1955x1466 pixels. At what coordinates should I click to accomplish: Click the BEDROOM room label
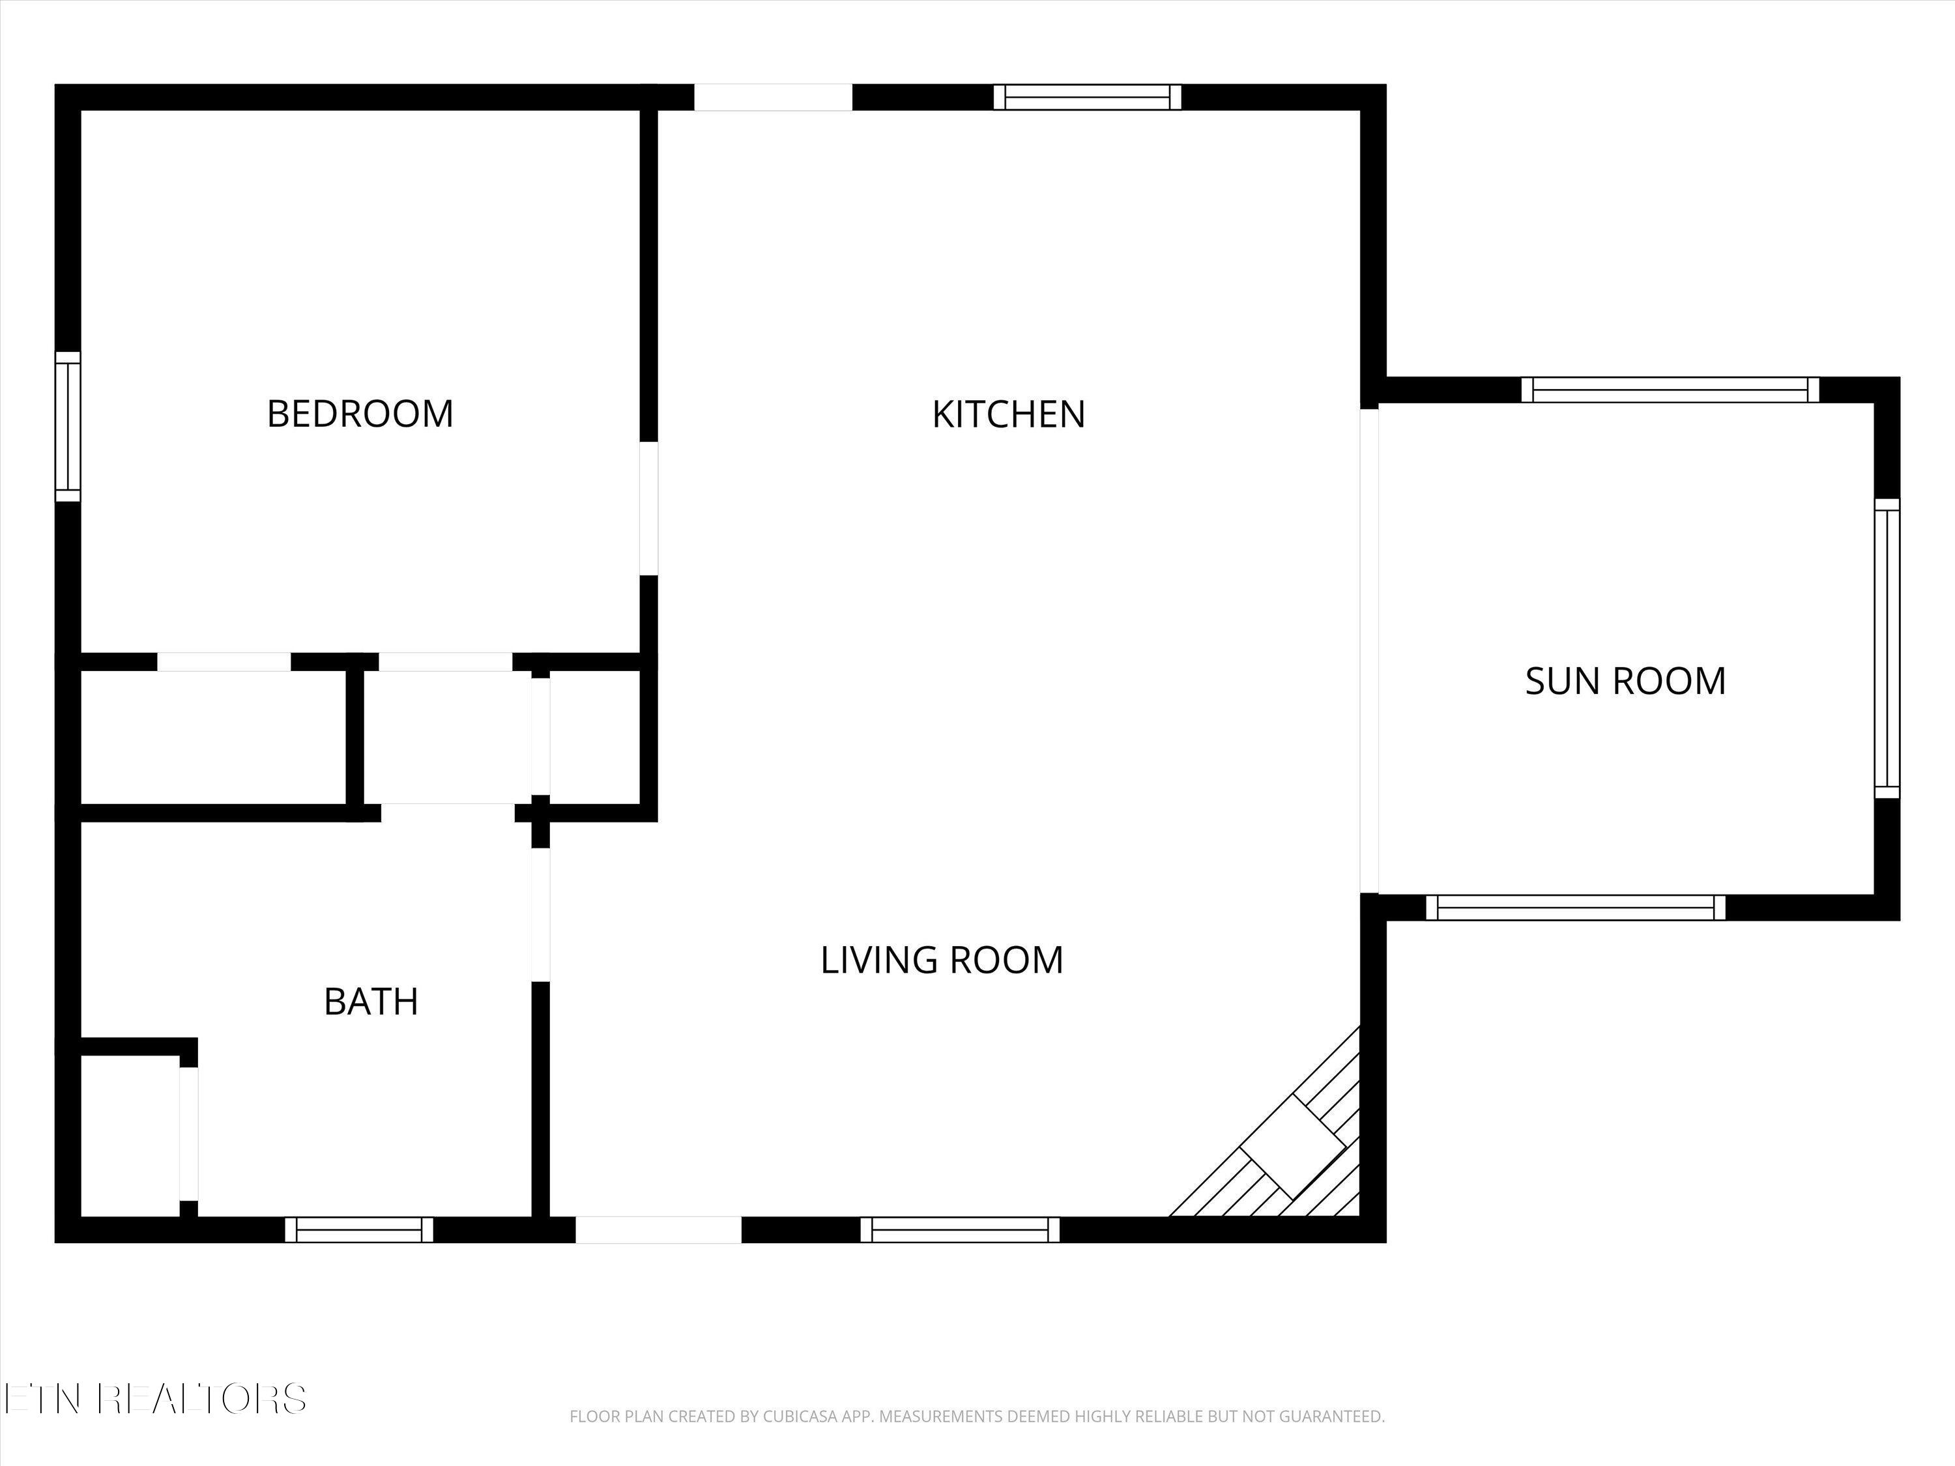click(x=360, y=414)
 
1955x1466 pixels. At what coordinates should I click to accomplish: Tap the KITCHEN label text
click(x=1008, y=414)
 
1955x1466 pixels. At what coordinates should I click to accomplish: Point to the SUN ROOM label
click(x=1625, y=680)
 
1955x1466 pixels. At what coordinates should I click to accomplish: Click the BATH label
click(x=371, y=1001)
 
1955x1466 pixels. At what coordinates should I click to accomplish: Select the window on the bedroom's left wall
click(x=68, y=426)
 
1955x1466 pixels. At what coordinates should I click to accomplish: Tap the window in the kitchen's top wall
click(x=1087, y=97)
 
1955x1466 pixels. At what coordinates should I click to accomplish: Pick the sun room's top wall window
click(x=1670, y=390)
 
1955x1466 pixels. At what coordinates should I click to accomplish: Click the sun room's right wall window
click(x=1887, y=648)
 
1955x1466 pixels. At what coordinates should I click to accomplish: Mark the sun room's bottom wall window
click(x=1576, y=908)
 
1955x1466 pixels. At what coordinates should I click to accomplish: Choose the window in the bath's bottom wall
click(x=359, y=1230)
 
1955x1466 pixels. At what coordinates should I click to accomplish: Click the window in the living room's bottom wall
click(x=960, y=1230)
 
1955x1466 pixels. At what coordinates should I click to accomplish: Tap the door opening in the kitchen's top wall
click(x=774, y=97)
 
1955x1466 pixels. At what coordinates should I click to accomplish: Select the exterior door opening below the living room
click(x=658, y=1230)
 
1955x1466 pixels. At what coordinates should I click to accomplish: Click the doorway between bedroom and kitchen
click(x=648, y=508)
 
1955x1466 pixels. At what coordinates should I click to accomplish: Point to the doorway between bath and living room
click(x=540, y=915)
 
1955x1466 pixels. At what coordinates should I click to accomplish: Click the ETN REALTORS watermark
click(x=154, y=1399)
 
